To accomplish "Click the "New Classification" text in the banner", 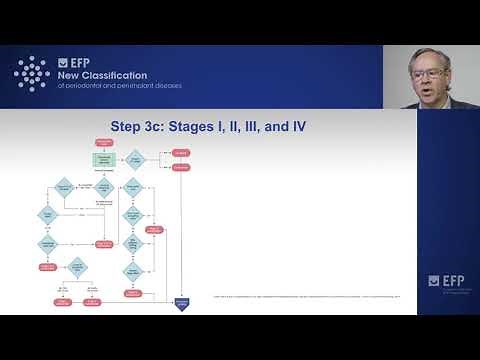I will pyautogui.click(x=102, y=75).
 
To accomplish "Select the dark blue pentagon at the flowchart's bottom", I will pyautogui.click(x=182, y=303).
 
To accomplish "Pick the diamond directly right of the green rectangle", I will pyautogui.click(x=133, y=160).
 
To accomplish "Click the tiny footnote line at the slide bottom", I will pyautogui.click(x=300, y=296).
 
